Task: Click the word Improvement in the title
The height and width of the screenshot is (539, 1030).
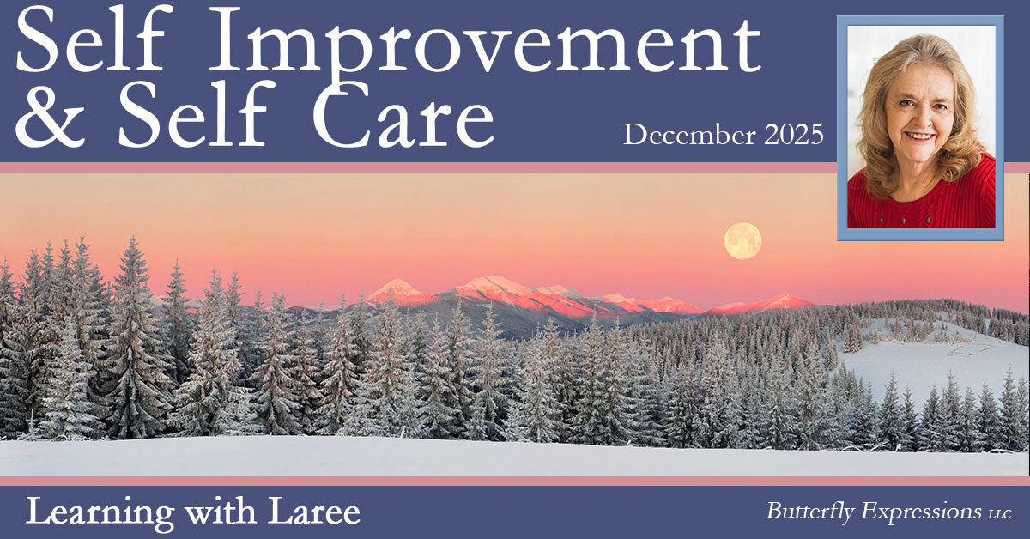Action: tap(485, 45)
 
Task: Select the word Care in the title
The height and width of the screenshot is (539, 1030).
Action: tap(403, 114)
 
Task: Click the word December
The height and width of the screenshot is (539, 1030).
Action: tap(689, 134)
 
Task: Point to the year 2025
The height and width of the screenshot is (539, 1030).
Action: tap(794, 134)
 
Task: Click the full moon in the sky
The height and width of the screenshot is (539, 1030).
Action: tap(742, 241)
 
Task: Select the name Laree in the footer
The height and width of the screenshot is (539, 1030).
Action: tap(314, 512)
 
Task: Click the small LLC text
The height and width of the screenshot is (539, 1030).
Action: tap(1000, 514)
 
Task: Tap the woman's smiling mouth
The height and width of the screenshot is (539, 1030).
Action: tap(919, 136)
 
